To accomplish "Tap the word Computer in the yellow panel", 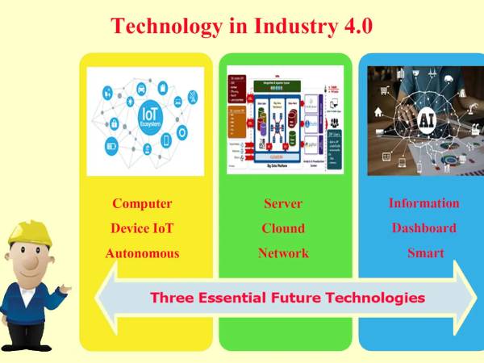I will click(142, 203).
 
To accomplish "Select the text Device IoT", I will click(142, 228).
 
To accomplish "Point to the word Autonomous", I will click(142, 253).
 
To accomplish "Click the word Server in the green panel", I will click(283, 203).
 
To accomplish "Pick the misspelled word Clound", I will click(283, 228).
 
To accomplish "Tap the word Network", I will click(283, 253).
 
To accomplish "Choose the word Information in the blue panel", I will click(424, 203).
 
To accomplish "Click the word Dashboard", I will click(424, 228).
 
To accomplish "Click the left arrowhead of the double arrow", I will click(107, 297).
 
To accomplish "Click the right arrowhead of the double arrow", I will click(467, 297).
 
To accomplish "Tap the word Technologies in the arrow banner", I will click(375, 298).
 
